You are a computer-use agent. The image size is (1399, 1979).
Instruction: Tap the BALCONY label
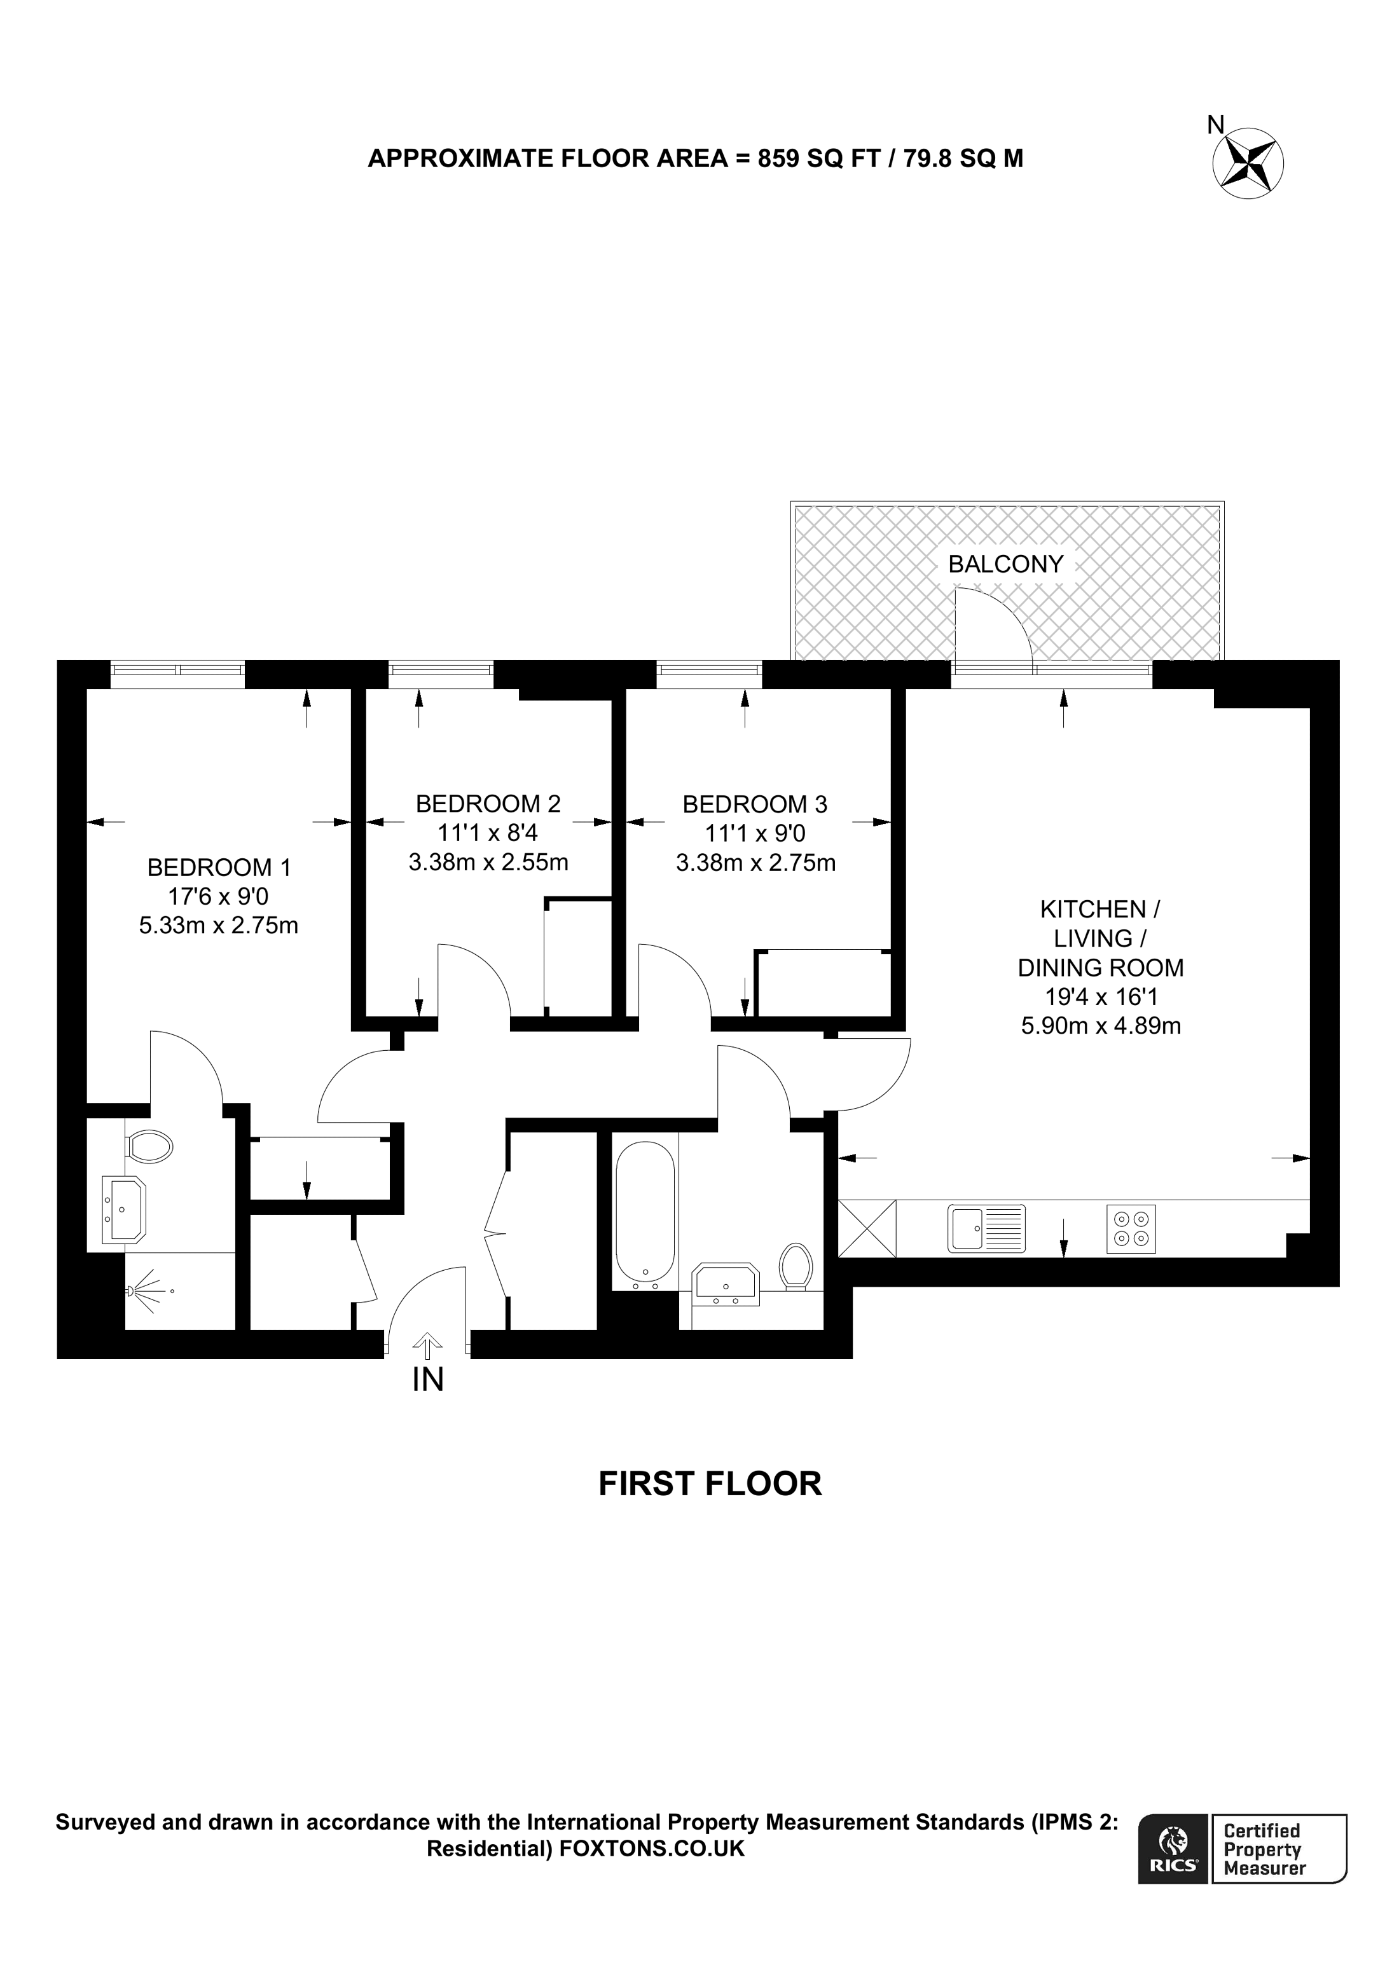[1005, 564]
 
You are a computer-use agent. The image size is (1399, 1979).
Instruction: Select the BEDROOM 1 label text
[219, 866]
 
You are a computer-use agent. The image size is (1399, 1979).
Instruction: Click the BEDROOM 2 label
[488, 804]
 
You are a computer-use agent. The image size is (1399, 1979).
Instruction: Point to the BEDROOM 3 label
[754, 804]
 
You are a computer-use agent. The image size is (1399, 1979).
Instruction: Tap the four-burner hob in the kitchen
[1131, 1228]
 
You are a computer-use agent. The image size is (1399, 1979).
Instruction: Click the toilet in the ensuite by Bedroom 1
[149, 1146]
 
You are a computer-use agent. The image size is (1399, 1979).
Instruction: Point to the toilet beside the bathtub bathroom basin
[795, 1265]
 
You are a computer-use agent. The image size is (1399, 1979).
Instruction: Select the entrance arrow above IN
[427, 1345]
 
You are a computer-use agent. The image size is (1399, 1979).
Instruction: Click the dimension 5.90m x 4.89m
[1101, 1025]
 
